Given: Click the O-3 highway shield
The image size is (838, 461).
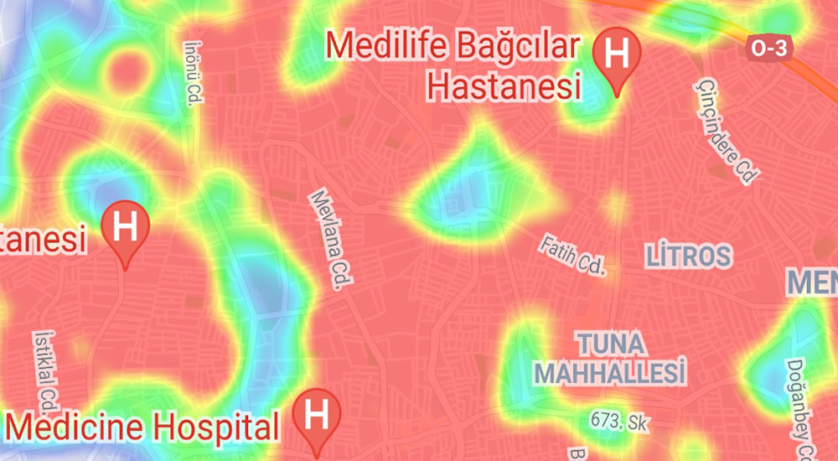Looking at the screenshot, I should click(768, 49).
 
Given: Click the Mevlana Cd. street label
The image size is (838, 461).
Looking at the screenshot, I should click(328, 240).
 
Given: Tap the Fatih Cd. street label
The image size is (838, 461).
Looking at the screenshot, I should click(572, 255).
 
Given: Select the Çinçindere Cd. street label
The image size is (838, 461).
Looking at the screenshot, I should click(726, 132).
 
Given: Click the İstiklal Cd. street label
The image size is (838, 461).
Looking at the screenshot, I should click(46, 369).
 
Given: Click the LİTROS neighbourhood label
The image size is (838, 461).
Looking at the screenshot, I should click(689, 256).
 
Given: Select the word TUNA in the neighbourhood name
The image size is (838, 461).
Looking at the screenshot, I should click(610, 344).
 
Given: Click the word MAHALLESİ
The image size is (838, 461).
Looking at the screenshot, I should click(611, 370).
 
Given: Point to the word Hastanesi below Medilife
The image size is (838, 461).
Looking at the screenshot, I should click(503, 85).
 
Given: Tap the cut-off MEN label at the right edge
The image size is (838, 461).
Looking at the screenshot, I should click(812, 282).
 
